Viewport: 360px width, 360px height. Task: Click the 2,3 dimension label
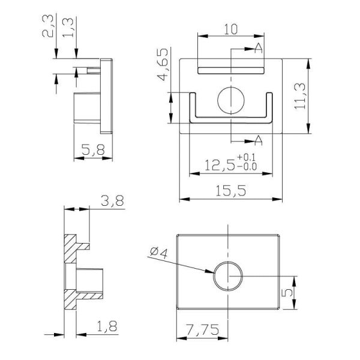coord(52,27)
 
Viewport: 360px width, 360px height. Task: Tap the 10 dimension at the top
coord(231,29)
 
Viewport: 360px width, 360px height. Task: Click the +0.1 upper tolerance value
coord(246,158)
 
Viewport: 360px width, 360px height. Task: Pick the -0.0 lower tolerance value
coord(246,167)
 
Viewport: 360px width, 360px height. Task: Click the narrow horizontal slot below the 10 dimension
coord(231,70)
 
